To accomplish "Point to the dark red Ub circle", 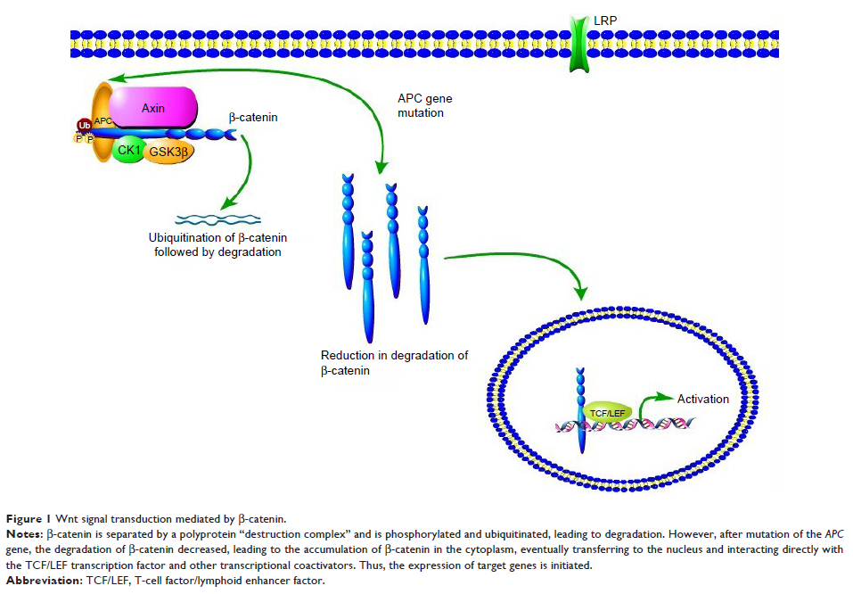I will tap(86, 125).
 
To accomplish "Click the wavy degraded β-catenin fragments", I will tap(217, 219).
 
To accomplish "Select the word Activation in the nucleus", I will tap(703, 399).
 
